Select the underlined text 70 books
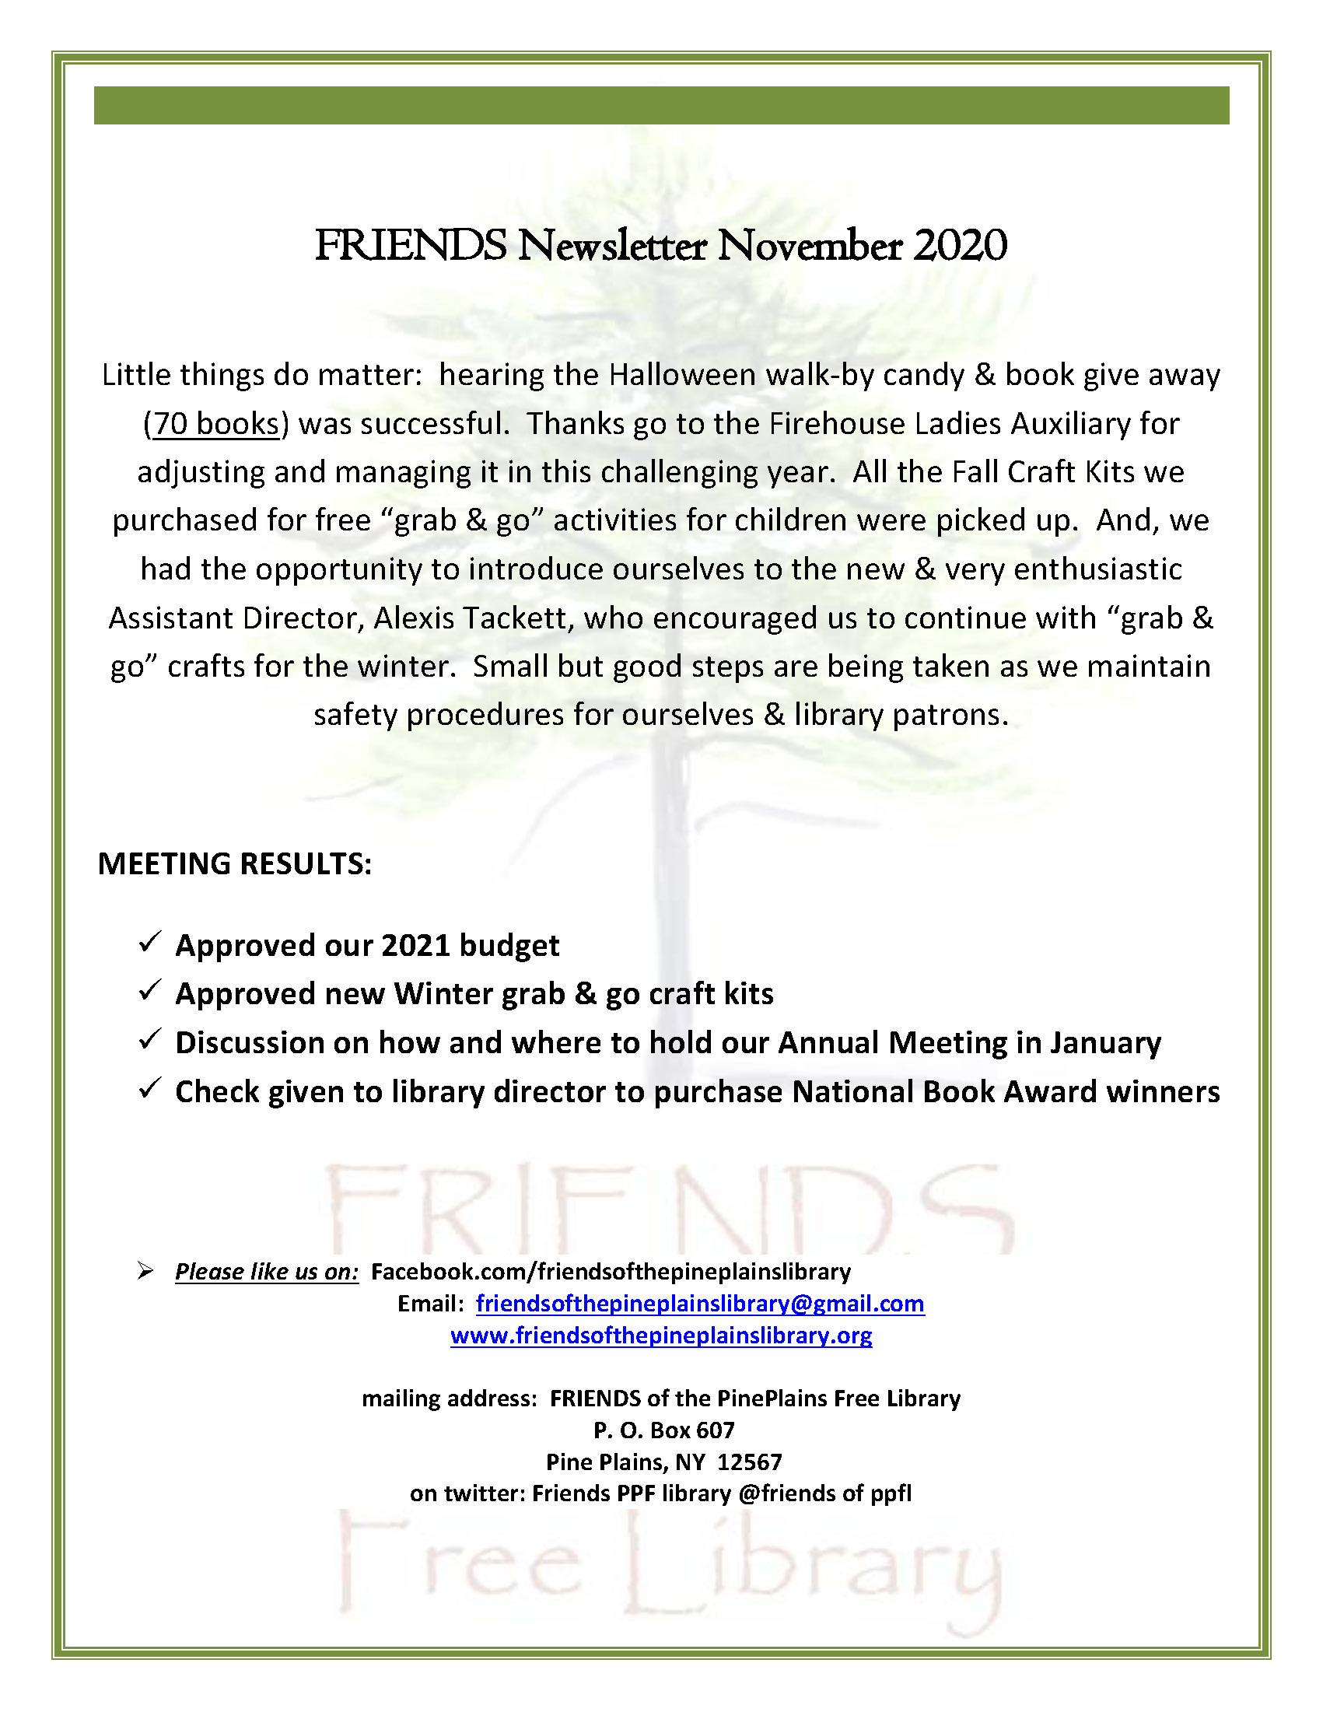[215, 424]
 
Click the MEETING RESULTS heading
[234, 864]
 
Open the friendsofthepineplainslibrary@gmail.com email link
[700, 1304]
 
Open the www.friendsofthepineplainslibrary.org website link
[660, 1335]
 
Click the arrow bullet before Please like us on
[145, 1271]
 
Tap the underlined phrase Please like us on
[267, 1272]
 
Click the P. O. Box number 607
[716, 1430]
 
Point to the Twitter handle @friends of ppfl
[825, 1493]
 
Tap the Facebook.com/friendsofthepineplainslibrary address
[611, 1272]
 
